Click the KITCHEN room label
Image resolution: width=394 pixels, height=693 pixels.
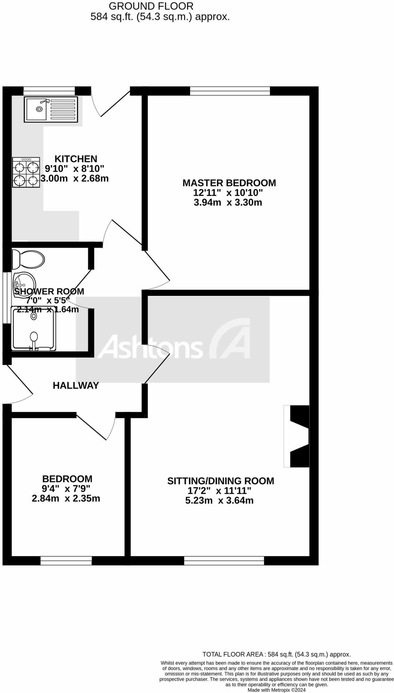76,159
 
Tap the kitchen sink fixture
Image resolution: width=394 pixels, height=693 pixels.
51,109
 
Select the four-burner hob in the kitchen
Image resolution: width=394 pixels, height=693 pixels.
26,172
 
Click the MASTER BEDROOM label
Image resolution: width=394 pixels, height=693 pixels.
229,183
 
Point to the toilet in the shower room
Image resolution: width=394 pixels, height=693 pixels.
28,260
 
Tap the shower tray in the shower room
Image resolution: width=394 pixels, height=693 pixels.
33,328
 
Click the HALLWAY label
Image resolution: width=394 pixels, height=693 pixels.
76,385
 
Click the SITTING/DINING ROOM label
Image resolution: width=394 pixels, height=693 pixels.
221,481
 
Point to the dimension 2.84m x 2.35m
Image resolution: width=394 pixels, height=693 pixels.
66,498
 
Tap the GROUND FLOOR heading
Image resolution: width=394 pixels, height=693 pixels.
151,6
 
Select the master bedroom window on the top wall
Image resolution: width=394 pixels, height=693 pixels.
230,91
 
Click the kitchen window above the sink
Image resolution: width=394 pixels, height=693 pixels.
49,90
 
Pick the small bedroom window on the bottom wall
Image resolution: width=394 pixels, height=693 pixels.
66,561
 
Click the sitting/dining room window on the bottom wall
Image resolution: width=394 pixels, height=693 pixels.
224,561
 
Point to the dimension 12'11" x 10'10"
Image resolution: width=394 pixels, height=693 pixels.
228,193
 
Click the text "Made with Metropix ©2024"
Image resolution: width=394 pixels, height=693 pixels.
277,690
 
